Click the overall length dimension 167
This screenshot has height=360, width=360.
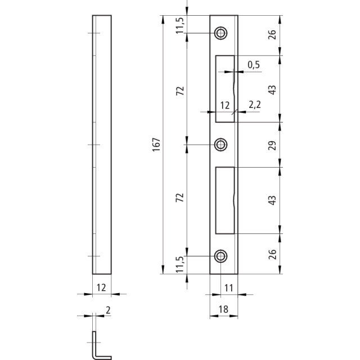(x=156, y=145)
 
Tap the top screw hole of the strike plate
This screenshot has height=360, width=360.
(x=221, y=33)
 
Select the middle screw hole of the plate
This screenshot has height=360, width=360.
(x=221, y=145)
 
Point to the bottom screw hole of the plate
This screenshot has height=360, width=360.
(x=221, y=256)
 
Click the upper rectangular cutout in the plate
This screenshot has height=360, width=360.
(x=225, y=89)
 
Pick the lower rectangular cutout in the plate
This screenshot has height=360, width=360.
(x=225, y=200)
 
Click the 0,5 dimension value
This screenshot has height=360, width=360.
(x=254, y=65)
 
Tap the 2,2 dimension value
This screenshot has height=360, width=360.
(x=255, y=105)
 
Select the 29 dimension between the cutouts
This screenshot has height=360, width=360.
(x=272, y=145)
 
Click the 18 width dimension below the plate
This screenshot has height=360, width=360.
(x=223, y=309)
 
